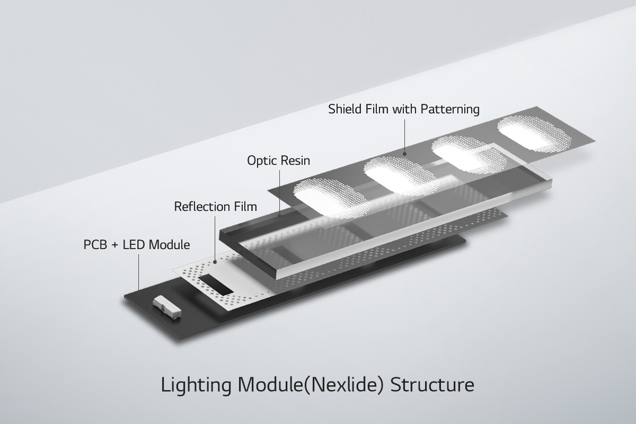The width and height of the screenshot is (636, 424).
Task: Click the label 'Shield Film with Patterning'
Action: [404, 110]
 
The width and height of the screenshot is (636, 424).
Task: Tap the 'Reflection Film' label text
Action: [215, 206]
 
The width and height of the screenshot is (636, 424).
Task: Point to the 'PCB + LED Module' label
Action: [137, 245]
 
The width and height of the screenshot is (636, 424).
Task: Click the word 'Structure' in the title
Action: [432, 385]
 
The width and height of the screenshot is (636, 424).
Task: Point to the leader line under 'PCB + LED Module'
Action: [139, 271]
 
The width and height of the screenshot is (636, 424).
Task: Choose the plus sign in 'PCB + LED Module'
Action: [114, 245]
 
